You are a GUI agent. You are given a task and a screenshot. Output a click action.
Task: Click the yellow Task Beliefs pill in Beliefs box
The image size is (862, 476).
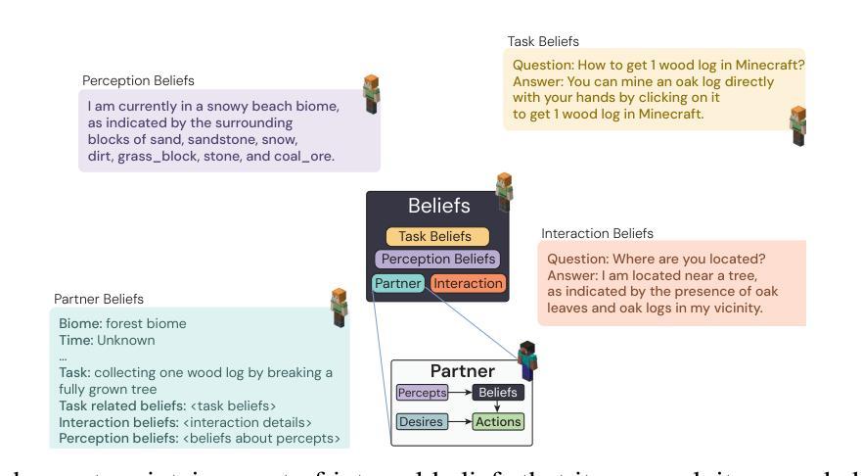coord(435,236)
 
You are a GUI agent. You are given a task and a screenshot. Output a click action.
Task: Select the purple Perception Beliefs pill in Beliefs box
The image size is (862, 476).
coord(436,260)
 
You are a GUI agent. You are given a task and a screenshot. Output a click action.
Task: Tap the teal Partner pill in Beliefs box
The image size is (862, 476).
coord(398,284)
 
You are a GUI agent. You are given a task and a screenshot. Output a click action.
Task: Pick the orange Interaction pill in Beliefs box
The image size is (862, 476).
coord(468,284)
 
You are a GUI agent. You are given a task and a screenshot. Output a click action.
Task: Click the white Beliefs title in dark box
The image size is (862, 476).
coord(438,207)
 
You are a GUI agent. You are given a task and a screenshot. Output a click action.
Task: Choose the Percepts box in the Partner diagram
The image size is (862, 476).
coord(422,393)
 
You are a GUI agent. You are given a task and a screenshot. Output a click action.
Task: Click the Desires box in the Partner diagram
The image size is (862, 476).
coord(422,422)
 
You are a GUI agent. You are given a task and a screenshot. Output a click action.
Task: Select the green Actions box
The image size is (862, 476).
coord(499,422)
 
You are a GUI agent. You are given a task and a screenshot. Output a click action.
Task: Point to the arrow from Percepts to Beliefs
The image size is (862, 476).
coord(460,393)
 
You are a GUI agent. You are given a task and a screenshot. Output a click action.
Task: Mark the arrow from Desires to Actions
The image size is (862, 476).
coord(460,422)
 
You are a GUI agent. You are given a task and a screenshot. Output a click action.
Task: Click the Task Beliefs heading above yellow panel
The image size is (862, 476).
coord(543,42)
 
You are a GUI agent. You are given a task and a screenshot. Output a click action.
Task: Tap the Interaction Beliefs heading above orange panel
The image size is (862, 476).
coord(597,233)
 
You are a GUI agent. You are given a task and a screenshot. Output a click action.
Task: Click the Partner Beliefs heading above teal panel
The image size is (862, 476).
coord(98,298)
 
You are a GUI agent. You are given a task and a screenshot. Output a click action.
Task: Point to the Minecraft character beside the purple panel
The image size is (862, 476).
coord(371,91)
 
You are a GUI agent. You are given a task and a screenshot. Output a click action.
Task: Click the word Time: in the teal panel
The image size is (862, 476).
coord(76,340)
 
